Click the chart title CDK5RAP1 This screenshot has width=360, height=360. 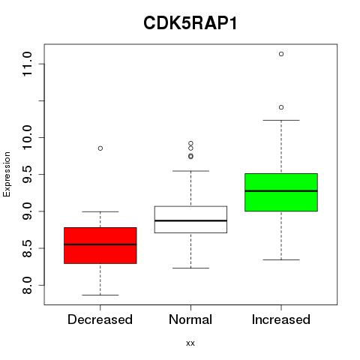coord(190,23)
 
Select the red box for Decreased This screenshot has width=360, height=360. coord(100,245)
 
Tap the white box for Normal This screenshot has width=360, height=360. coord(190,220)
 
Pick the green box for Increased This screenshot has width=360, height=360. coord(281,192)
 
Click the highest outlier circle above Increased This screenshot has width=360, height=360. coord(281,54)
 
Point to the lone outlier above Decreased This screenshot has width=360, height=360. coord(100,148)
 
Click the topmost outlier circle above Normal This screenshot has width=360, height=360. coord(190,143)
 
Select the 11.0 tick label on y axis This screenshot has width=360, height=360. coord(27,64)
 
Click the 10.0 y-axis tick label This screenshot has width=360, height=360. coord(27,137)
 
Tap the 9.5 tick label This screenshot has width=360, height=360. coord(27,174)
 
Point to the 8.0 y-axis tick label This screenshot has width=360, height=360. coord(27,285)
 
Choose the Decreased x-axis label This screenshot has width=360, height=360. coord(100,319)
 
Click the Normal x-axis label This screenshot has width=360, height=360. coord(190,319)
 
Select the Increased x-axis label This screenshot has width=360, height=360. coord(281,319)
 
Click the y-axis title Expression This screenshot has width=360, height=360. coord(7,174)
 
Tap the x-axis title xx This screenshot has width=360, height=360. coord(190,343)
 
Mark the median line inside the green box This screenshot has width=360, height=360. coord(281,190)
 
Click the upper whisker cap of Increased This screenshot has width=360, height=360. coord(281,120)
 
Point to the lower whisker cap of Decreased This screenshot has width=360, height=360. coord(100,295)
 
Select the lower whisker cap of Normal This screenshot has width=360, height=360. coord(190,268)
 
